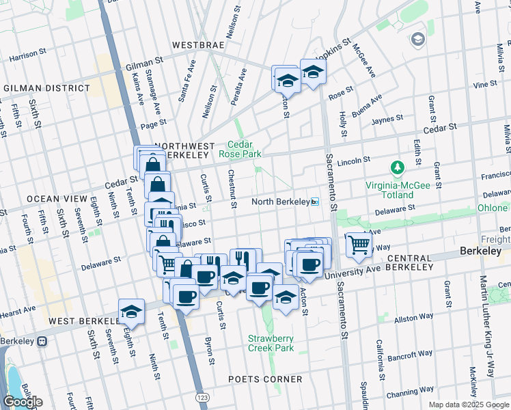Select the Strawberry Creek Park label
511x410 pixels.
(271, 343)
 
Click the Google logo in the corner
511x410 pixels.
(23, 402)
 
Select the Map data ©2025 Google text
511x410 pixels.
(469, 405)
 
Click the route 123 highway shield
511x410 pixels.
(202, 397)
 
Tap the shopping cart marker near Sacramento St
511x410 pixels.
(359, 244)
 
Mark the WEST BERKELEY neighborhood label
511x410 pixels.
(74, 320)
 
